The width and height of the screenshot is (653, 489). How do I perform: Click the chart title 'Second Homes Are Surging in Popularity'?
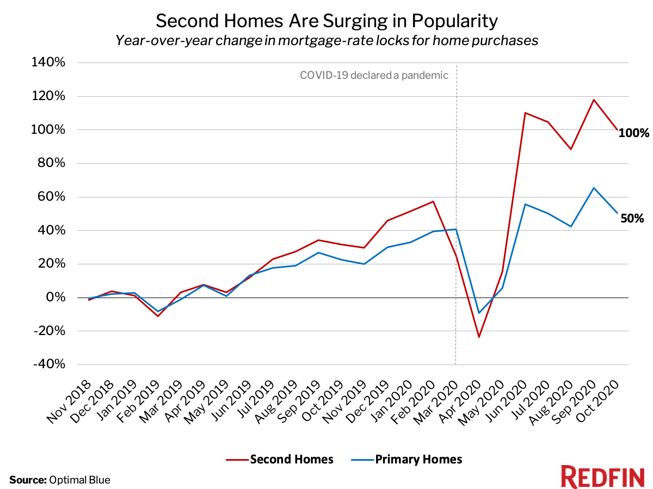326,21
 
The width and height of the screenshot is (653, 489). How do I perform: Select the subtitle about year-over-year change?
326,40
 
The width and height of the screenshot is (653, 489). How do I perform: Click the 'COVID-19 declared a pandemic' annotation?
374,75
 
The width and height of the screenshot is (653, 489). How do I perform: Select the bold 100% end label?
633,133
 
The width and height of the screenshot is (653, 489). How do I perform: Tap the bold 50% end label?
633,219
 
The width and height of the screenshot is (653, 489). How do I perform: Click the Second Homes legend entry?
280,459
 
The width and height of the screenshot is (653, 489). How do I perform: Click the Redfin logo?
602,477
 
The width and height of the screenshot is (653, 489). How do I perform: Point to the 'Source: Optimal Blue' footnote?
60,480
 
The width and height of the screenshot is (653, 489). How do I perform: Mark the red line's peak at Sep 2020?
594,100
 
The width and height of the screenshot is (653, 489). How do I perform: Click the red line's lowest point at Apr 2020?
479,337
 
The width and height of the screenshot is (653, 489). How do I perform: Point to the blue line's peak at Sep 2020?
594,188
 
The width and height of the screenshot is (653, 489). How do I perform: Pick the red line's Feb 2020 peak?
433,201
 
